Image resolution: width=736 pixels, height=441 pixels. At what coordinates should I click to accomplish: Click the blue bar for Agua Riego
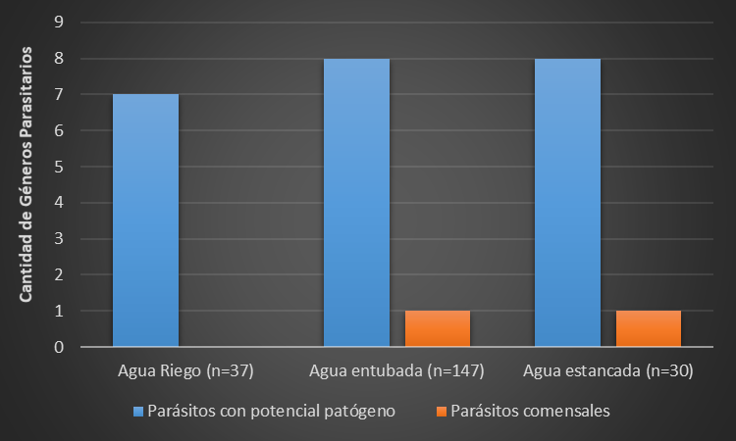(146, 220)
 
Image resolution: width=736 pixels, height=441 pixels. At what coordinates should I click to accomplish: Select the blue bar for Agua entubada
(357, 203)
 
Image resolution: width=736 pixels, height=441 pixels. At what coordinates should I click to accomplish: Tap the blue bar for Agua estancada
(567, 203)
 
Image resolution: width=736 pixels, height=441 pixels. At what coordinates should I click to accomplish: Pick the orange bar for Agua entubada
(438, 329)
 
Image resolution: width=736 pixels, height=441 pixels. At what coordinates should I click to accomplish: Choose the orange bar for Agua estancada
(649, 329)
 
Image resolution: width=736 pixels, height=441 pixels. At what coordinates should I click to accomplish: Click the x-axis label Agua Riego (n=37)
(186, 371)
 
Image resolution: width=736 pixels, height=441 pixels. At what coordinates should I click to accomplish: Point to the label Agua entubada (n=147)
(397, 371)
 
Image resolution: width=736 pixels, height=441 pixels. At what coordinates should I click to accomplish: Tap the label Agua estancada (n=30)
(608, 371)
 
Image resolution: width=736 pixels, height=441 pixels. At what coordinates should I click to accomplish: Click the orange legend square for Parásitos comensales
(443, 412)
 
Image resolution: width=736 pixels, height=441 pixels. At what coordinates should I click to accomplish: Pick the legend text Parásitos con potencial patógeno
(271, 412)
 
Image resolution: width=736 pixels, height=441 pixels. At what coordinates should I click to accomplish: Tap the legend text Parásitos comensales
(531, 412)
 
